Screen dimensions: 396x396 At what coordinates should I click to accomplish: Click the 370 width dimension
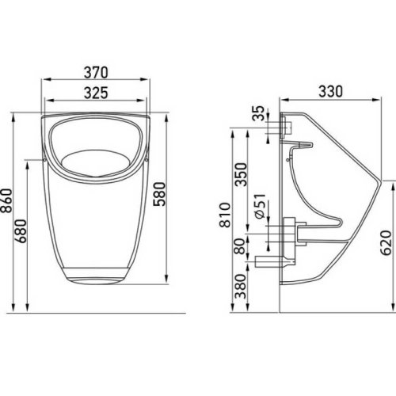click(96, 72)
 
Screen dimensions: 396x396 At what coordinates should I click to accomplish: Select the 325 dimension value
click(96, 93)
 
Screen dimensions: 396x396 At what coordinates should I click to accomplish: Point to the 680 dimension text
click(21, 230)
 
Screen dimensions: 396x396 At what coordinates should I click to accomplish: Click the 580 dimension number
click(159, 194)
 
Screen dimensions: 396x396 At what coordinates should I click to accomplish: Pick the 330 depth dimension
click(330, 91)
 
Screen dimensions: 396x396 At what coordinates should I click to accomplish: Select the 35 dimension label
click(258, 113)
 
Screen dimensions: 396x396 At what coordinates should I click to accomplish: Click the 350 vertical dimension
click(241, 174)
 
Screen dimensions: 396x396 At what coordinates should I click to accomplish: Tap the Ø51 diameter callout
click(260, 207)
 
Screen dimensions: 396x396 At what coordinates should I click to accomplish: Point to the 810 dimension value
click(225, 215)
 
